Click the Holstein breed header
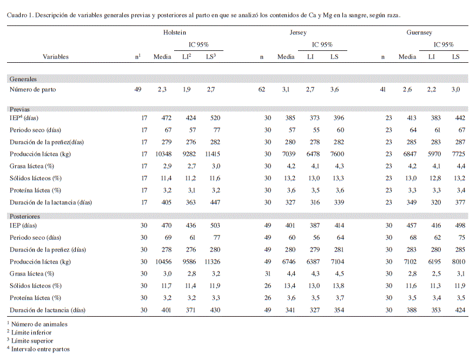[x=175, y=32]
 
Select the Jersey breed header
[x=298, y=32]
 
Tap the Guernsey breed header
[x=419, y=32]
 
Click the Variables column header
[x=56, y=57]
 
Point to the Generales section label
[x=23, y=79]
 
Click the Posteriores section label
[x=24, y=217]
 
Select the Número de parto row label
[x=33, y=89]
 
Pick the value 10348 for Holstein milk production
[x=163, y=154]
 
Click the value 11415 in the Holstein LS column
[x=213, y=154]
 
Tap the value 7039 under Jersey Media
[x=289, y=154]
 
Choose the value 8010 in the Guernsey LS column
[x=459, y=261]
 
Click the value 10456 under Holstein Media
[x=163, y=261]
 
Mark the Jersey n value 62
[x=262, y=89]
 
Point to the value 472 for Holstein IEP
[x=167, y=118]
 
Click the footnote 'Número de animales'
[x=39, y=324]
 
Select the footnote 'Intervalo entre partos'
[x=41, y=349]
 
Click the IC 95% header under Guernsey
[x=444, y=44]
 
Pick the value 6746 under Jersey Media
[x=289, y=261]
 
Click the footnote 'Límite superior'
[x=32, y=341]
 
